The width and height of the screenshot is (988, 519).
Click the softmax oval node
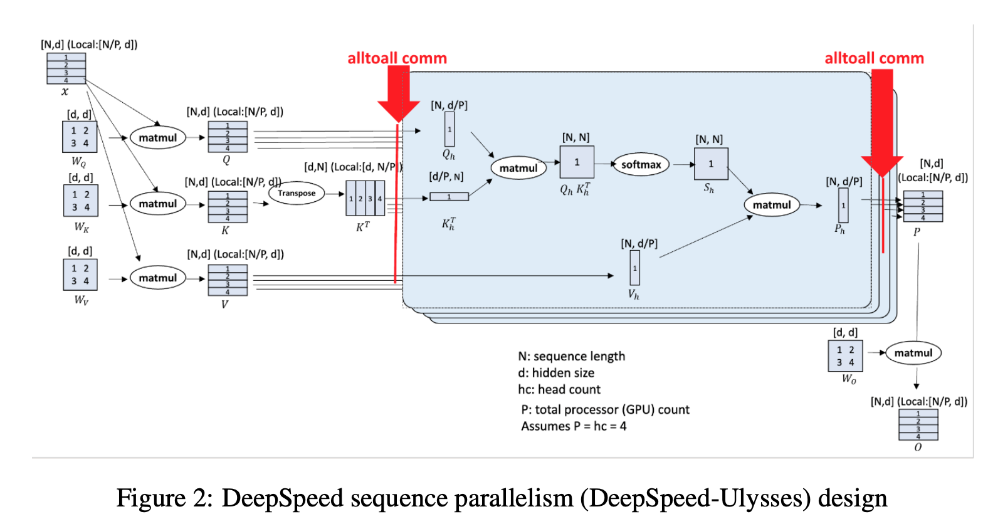[641, 165]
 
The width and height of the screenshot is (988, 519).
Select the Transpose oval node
[297, 193]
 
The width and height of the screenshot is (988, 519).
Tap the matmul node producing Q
[158, 138]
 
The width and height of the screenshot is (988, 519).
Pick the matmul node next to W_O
[913, 353]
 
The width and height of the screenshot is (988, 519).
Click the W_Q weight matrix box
[80, 137]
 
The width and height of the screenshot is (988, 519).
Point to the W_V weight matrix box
[80, 275]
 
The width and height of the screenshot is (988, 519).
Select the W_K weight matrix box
[81, 201]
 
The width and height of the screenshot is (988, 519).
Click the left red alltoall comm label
[397, 58]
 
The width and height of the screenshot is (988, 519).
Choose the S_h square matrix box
[711, 164]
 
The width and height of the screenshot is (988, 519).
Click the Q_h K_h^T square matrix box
[577, 162]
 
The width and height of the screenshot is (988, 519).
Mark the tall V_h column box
[634, 268]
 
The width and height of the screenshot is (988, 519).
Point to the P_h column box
[843, 205]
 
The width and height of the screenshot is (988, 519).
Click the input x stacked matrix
[66, 68]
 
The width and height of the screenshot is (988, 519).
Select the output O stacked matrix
[918, 424]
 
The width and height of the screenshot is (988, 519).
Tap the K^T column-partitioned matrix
[365, 198]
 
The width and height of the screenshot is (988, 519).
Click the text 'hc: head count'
[559, 389]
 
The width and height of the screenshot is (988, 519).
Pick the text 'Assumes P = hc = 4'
[574, 426]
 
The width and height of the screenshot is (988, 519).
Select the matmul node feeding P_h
[772, 205]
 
